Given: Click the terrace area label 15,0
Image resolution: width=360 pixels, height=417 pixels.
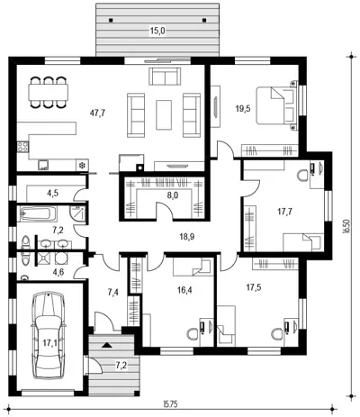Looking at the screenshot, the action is click(x=158, y=31).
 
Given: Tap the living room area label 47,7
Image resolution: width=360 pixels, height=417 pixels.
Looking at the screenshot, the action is click(x=97, y=113).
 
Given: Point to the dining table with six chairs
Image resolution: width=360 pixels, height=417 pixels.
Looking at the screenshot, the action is click(x=49, y=92).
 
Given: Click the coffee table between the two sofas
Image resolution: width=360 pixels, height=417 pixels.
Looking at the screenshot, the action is click(x=164, y=114).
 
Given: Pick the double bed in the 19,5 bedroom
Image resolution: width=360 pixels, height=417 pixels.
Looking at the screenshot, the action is click(x=276, y=105).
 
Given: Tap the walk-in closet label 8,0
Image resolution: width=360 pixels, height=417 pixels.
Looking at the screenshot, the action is click(x=173, y=195).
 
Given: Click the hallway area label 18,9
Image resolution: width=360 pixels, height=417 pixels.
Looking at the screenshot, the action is click(x=187, y=237).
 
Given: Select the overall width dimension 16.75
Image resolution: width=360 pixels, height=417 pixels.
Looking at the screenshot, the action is click(x=170, y=404).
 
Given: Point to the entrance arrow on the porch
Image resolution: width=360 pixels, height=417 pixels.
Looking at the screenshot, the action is click(x=105, y=345).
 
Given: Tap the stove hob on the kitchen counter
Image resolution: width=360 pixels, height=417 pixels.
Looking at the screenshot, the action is click(x=22, y=147).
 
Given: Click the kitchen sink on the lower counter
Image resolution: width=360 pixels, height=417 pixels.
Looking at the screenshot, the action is click(x=43, y=165).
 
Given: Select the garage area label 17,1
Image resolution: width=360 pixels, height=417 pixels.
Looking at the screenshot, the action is click(x=48, y=342).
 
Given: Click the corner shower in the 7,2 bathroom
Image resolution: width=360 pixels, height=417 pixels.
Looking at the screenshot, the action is click(x=78, y=213).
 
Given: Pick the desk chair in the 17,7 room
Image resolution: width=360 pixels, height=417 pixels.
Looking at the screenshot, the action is click(x=302, y=176).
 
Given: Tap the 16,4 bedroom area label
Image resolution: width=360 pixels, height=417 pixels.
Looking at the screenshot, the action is click(x=184, y=290).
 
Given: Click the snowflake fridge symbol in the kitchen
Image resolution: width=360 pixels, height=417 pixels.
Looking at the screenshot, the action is click(x=81, y=165).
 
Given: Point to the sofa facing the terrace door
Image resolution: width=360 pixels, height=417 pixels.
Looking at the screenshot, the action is click(x=165, y=77).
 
